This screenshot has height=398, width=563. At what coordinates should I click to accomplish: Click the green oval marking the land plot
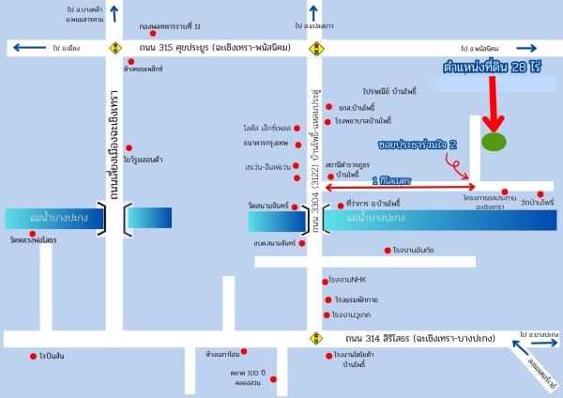point(493,142)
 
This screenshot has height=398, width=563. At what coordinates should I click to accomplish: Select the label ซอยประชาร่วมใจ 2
point(417,145)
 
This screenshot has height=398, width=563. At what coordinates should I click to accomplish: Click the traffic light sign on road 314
point(315,338)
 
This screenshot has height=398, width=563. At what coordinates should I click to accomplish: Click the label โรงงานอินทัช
point(415,250)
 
